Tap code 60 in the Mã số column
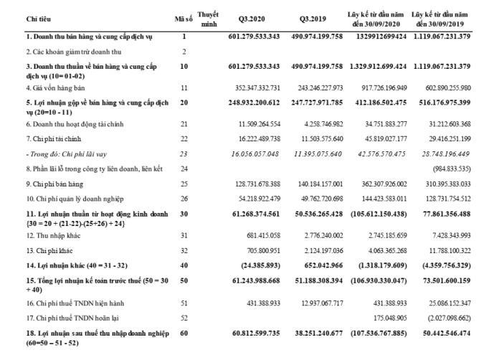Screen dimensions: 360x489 point(184,333)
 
